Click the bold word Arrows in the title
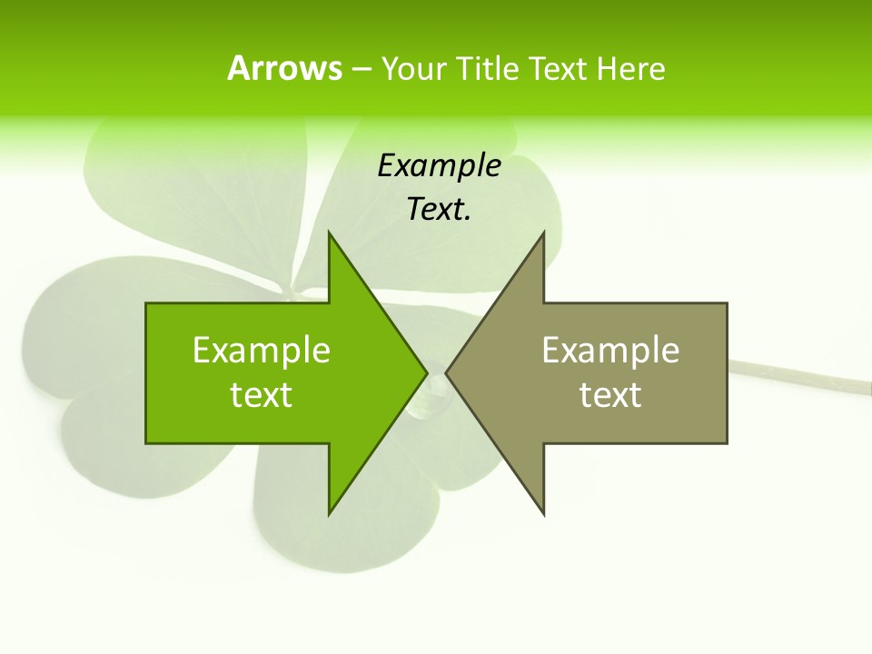284,68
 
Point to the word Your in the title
412,68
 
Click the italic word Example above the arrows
439,166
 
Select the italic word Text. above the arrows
439,210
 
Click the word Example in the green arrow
262,351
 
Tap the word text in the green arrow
262,395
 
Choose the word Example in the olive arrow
610,351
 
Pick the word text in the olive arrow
610,395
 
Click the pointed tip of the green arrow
426,372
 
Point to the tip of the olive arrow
447,372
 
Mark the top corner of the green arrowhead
329,233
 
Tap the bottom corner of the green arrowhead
329,514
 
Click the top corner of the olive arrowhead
544,233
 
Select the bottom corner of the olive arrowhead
544,514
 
